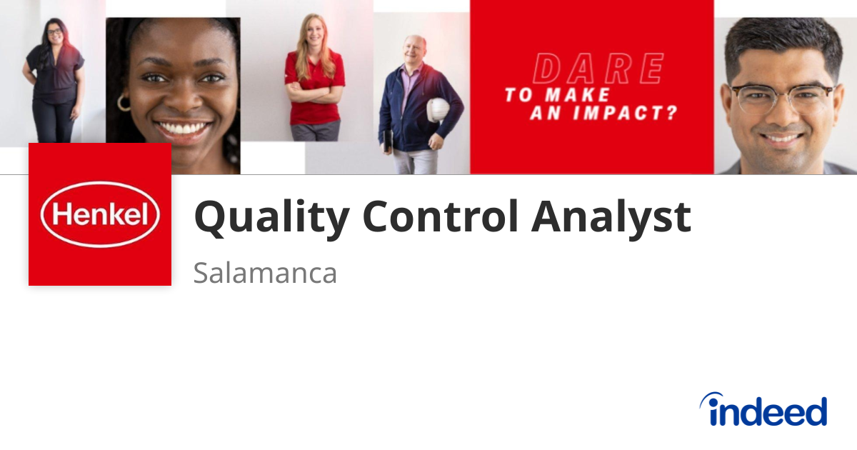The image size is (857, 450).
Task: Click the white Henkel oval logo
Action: point(100,214)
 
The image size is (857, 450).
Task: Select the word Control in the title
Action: point(440,216)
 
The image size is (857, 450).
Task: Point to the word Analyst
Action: point(611,217)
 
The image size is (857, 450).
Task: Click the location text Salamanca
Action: point(265,273)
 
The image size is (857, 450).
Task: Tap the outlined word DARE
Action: point(598,69)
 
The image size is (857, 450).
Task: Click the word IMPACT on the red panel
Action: point(618,114)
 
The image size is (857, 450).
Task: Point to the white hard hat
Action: point(438,110)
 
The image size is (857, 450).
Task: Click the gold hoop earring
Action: point(124,103)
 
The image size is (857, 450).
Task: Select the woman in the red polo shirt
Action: point(314,79)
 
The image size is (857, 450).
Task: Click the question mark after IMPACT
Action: point(671,114)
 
